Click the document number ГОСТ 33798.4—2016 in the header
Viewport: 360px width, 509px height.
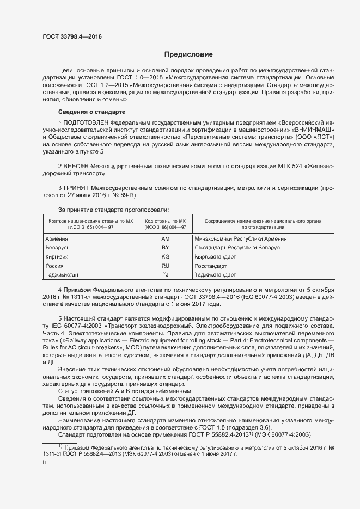pyautogui.click(x=72, y=37)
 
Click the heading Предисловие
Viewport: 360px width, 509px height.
pyautogui.click(x=188, y=55)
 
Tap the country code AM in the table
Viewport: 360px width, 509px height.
pyautogui.click(x=166, y=239)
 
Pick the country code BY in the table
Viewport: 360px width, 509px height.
pyautogui.click(x=166, y=248)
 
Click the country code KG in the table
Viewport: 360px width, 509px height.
pyautogui.click(x=166, y=256)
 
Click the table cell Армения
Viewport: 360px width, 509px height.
pyautogui.click(x=57, y=239)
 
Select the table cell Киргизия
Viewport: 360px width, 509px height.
pyautogui.click(x=58, y=256)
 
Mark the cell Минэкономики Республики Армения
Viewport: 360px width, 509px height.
pyautogui.click(x=240, y=239)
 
